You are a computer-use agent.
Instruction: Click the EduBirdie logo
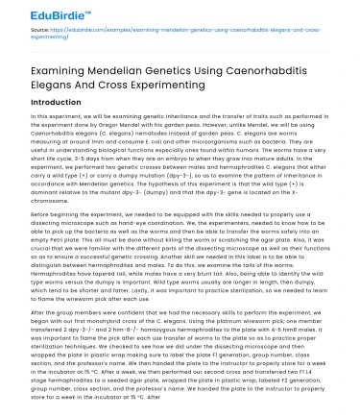[x=37, y=12]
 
